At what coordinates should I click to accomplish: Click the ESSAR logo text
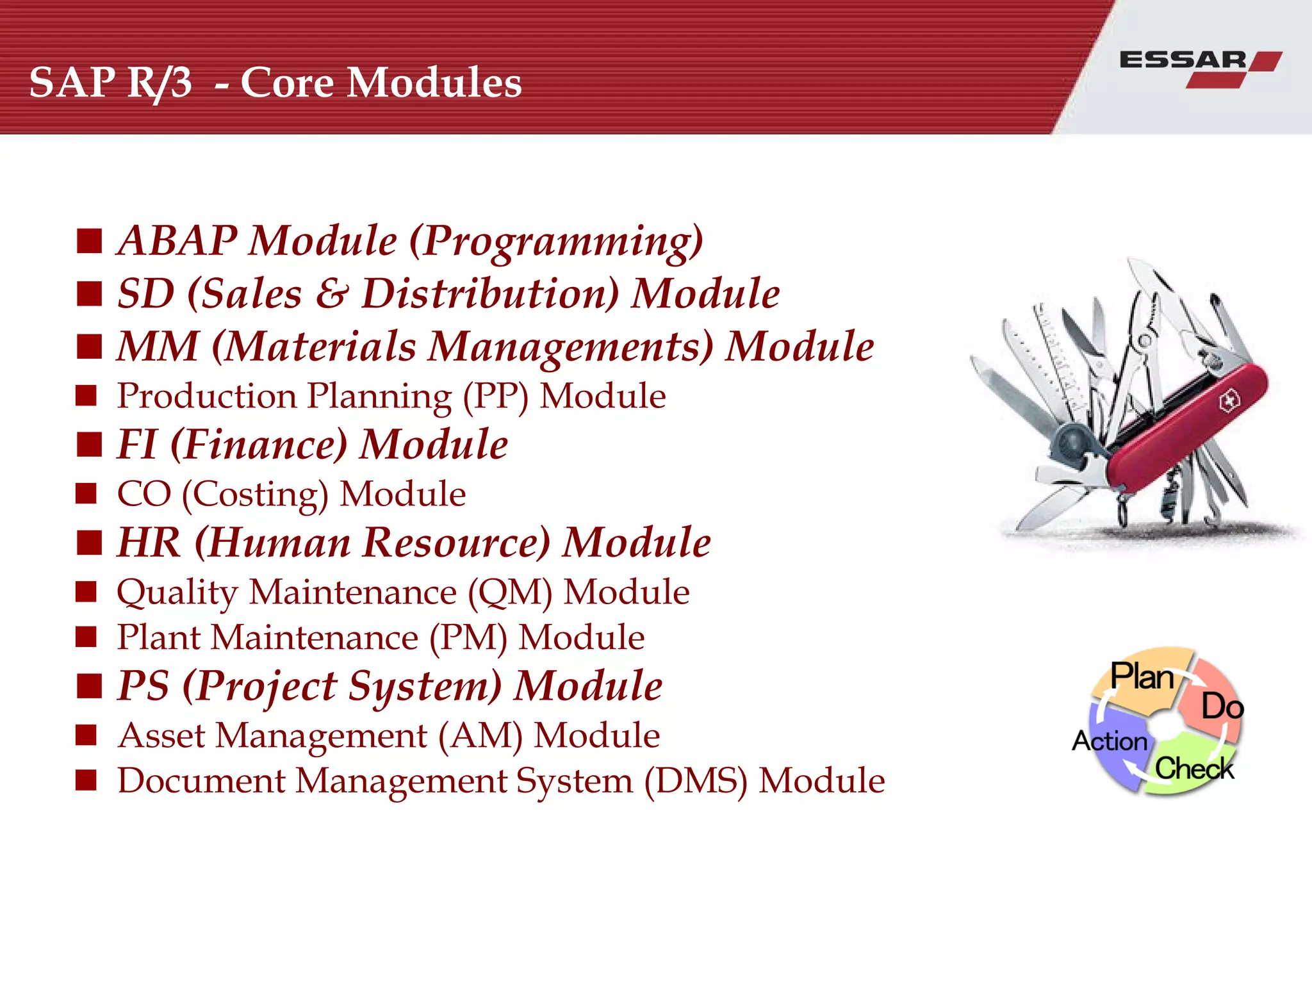pos(1183,60)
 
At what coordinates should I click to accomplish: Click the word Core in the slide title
pos(287,83)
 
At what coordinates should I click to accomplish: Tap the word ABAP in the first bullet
pos(178,241)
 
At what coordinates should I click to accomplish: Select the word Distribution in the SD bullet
pos(490,294)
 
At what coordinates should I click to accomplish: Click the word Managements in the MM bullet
pos(571,347)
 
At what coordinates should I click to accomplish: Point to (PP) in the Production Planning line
pos(496,397)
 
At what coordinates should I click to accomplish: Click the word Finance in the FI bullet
pos(259,445)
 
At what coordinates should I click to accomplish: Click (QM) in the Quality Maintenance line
pos(510,593)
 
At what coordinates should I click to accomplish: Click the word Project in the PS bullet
pos(260,687)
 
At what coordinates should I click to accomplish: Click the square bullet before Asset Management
pos(86,735)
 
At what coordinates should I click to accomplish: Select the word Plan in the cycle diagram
pos(1142,676)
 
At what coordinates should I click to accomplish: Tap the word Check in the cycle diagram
pos(1194,768)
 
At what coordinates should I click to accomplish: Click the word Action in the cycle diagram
pos(1110,741)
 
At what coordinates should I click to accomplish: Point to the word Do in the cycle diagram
pos(1222,707)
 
